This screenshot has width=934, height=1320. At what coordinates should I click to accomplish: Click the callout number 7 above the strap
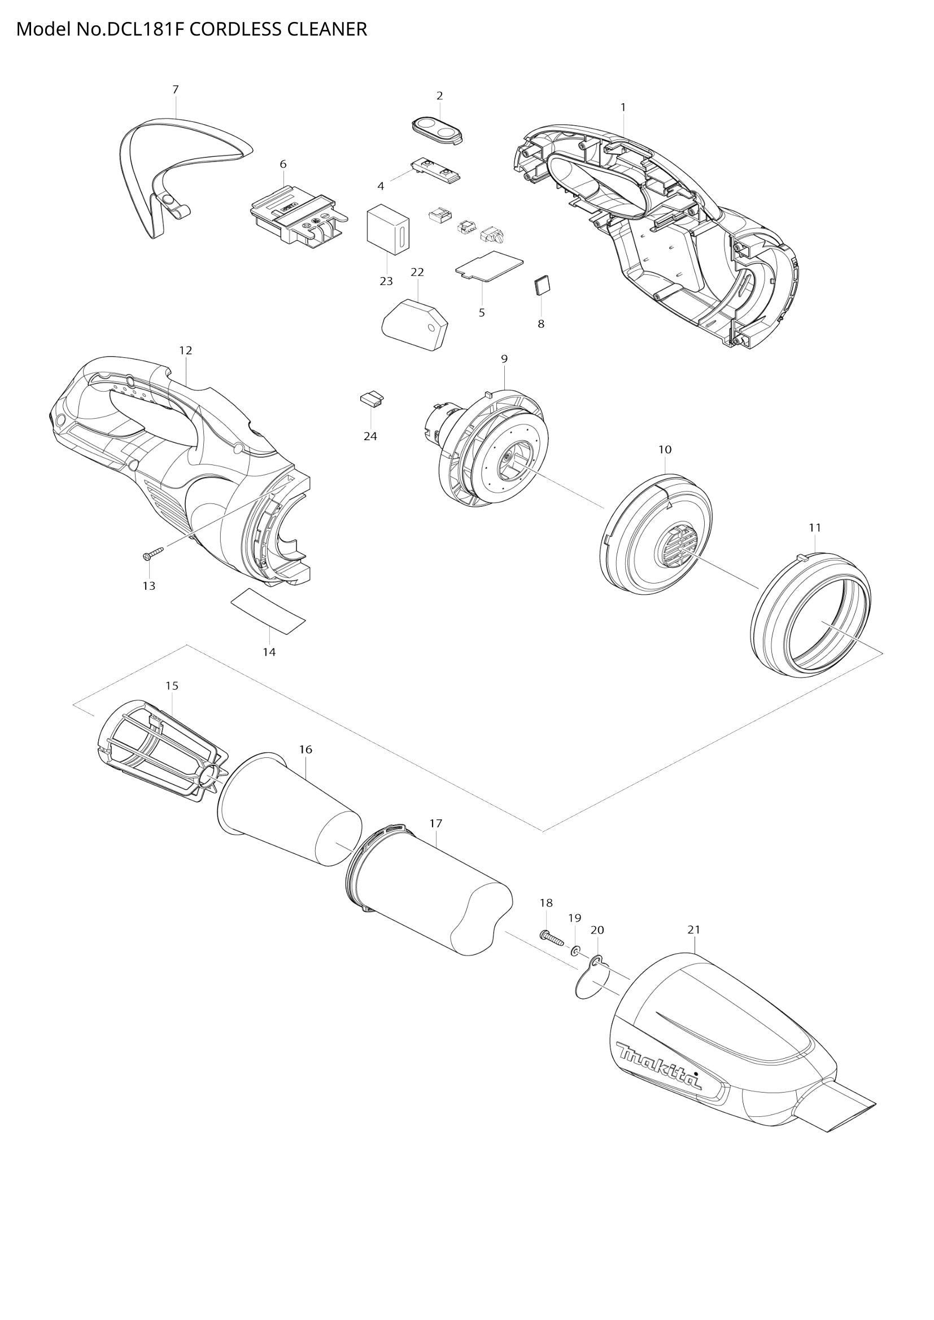click(176, 89)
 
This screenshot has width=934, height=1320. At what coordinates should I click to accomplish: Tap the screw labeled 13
click(152, 553)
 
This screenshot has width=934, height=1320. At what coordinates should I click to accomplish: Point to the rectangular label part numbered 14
click(268, 611)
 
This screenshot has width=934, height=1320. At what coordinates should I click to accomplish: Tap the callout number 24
click(370, 436)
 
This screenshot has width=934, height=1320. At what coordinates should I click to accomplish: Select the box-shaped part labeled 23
click(387, 231)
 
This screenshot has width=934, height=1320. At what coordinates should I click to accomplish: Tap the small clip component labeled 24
click(372, 398)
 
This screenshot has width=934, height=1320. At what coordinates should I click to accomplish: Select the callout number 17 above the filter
click(435, 823)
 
